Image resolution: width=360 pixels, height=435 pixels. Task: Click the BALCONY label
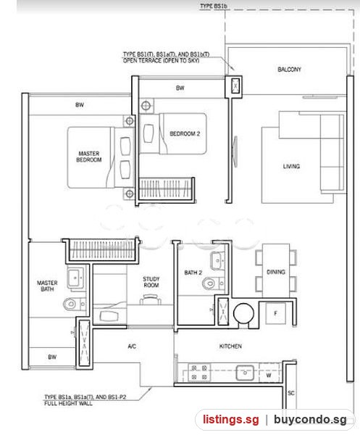coord(289,70)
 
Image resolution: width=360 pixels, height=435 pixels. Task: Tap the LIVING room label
coord(291,166)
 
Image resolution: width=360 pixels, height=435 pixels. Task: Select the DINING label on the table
coord(276,272)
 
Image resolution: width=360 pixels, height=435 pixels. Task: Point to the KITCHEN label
coord(230,346)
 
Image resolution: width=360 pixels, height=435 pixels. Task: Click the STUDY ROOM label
coord(151,282)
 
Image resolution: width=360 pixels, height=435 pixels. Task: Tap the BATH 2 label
coord(193,273)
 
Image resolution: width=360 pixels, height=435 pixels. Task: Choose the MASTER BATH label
coord(47,286)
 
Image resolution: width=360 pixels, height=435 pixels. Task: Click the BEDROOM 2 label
coord(185,133)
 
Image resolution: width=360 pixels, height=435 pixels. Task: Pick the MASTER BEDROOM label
coord(88,157)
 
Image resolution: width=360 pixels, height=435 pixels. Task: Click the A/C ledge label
coord(132,347)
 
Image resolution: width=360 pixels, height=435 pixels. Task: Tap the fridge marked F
coord(275,313)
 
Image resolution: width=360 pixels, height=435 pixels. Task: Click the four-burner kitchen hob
coord(199,373)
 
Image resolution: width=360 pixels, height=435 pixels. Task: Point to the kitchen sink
coord(245,373)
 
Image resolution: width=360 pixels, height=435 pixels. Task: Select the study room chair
coord(150,300)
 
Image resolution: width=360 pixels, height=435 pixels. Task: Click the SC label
coord(291,393)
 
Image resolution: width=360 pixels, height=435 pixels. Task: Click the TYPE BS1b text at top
coord(214,6)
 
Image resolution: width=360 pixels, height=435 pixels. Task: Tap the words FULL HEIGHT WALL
coord(68,403)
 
